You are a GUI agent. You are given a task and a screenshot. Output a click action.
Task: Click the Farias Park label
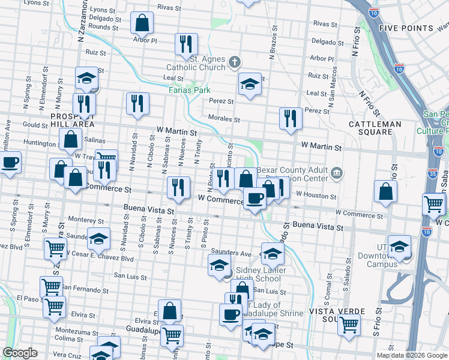tap(193, 90)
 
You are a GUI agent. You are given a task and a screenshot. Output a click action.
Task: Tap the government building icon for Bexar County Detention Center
tap(337, 174)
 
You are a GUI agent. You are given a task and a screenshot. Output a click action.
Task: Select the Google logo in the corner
tap(20, 353)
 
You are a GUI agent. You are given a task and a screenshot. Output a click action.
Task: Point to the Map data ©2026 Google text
tap(412, 355)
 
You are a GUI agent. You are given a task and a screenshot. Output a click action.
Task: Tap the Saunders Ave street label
tap(229, 253)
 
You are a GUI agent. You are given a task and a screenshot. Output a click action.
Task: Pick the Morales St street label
tap(224, 118)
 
